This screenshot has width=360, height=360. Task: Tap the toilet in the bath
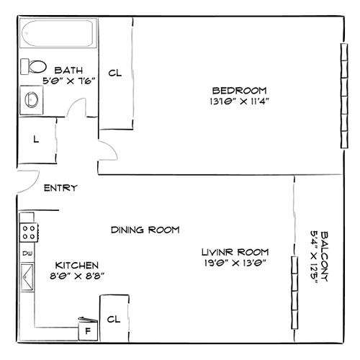point(33,66)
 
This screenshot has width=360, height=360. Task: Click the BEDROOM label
point(240,90)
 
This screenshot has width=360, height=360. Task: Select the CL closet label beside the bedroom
point(114,73)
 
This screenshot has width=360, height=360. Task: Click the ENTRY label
point(61,189)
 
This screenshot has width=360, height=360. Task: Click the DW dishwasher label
point(27,253)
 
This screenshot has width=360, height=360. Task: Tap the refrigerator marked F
point(89,330)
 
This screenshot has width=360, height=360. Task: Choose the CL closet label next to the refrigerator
point(113,318)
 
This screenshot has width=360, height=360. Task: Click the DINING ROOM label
point(145,230)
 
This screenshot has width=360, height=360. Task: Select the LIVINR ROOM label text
point(235,252)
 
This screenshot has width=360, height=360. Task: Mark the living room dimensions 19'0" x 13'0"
point(235,263)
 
